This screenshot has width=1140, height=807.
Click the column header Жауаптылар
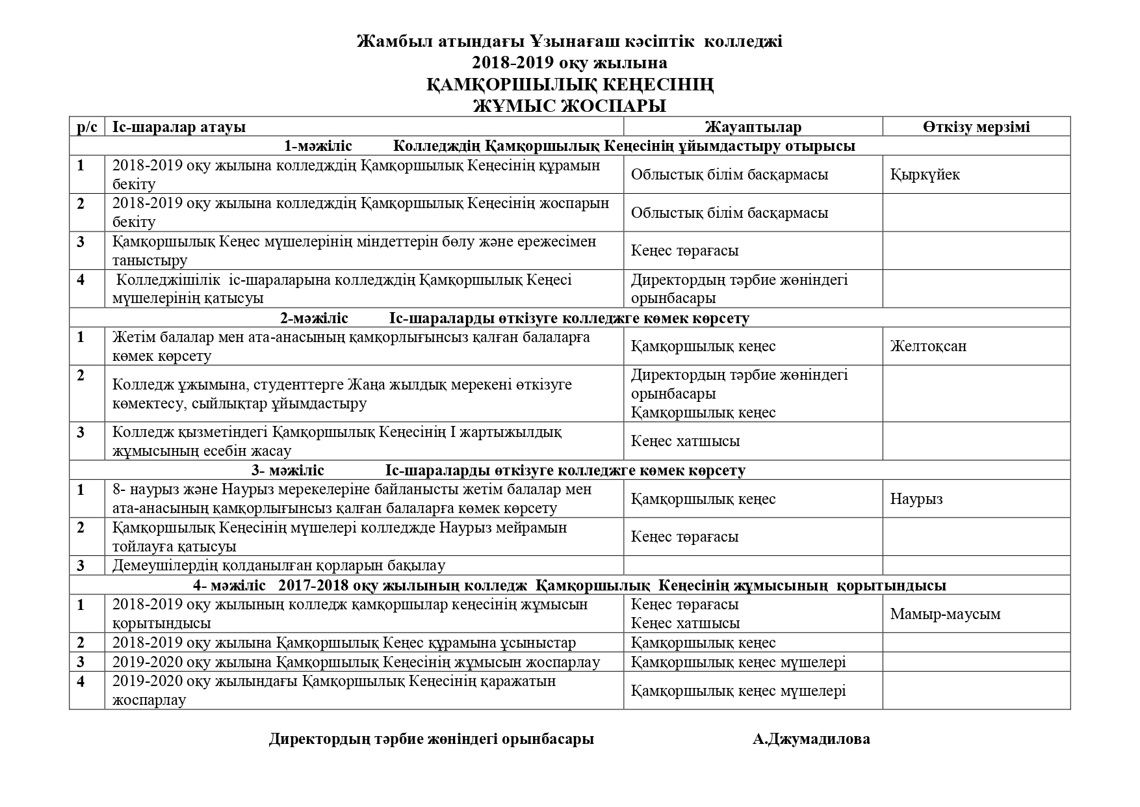click(x=753, y=127)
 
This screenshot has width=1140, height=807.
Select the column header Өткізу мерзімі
click(x=976, y=127)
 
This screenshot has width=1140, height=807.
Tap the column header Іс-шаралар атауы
click(x=179, y=127)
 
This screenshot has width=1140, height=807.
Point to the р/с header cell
click(x=87, y=127)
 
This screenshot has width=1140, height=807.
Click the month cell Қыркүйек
click(x=925, y=174)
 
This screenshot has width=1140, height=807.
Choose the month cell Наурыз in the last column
click(x=916, y=499)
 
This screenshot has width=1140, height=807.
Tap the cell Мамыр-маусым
click(x=945, y=614)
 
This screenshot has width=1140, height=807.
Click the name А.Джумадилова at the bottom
click(x=811, y=739)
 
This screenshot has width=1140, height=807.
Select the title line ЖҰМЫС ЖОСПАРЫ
click(x=569, y=105)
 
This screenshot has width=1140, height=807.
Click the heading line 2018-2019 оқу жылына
click(x=569, y=62)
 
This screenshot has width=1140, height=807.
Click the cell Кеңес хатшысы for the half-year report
click(x=685, y=441)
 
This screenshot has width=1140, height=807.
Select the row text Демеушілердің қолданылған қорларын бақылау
click(x=279, y=566)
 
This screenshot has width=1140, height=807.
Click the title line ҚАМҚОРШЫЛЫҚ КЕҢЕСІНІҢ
click(x=569, y=85)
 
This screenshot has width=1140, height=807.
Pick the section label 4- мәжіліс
click(x=229, y=585)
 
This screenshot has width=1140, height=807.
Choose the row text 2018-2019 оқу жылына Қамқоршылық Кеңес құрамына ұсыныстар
click(x=344, y=643)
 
